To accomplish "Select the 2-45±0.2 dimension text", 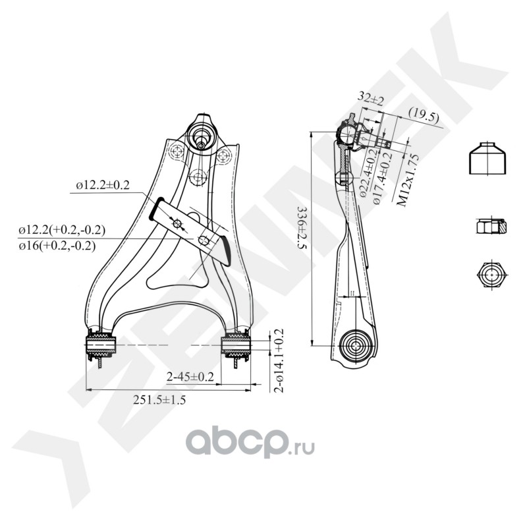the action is [191, 377].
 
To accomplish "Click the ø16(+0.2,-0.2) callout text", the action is [57, 246].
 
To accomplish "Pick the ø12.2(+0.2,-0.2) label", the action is [62, 231].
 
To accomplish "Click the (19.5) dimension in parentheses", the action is [424, 116].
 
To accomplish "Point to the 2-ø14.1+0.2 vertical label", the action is [279, 360].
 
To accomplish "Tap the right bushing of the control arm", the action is [236, 345].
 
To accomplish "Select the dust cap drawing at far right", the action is [487, 159].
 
